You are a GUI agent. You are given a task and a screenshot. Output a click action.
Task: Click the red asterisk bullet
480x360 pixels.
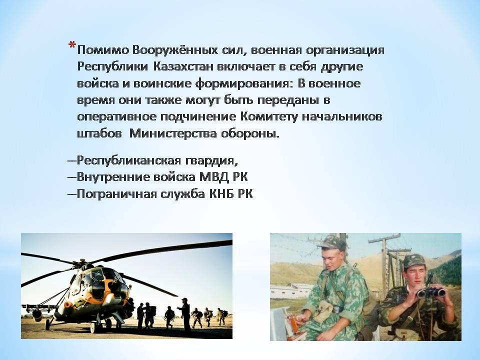(72, 45)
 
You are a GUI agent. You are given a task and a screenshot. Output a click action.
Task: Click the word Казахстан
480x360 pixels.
(183, 66)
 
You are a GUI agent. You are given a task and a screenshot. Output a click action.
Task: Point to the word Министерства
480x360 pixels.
(173, 134)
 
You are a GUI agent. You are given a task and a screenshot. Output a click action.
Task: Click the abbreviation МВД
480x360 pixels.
(214, 177)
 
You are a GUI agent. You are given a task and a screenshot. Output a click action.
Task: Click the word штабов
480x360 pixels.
(99, 134)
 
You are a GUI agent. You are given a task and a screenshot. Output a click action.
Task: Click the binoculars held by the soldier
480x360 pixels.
(431, 292)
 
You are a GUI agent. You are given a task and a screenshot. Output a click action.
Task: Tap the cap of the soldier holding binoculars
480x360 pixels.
(413, 262)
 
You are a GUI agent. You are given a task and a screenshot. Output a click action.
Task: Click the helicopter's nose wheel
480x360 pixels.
(47, 324)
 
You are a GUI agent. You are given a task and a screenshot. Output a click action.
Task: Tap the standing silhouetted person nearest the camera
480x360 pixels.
(185, 315)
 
